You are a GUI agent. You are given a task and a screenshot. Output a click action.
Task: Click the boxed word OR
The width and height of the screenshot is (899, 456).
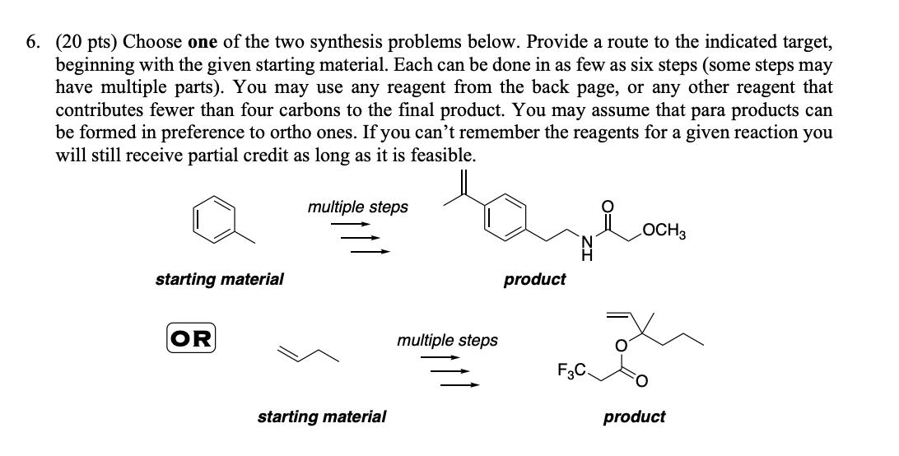190,337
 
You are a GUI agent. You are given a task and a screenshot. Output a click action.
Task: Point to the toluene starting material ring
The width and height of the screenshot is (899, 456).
212,217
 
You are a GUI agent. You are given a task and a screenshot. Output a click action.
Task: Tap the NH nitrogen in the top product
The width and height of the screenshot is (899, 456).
586,244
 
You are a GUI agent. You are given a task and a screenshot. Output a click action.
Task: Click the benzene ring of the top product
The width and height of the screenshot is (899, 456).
504,217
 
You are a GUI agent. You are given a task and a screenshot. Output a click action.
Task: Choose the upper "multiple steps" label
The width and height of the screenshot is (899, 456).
357,207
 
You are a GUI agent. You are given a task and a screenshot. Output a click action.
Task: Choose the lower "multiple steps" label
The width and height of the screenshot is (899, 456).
447,339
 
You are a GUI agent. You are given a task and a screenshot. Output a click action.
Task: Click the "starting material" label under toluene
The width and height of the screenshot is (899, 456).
220,279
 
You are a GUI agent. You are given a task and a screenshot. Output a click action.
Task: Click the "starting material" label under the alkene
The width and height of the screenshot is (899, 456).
322,416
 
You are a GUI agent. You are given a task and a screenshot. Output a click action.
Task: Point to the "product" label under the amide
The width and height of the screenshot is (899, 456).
534,279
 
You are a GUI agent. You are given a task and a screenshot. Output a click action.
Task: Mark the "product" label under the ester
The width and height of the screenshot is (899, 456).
634,416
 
